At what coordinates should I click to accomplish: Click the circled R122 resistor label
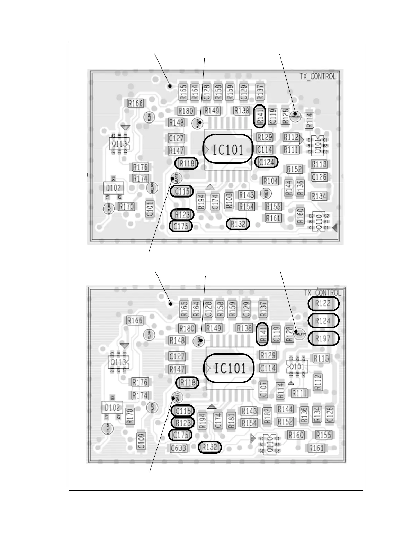point(323,304)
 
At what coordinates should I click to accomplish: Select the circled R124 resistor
point(323,321)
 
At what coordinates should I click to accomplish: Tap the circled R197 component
point(323,338)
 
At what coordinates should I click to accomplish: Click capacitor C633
point(179,448)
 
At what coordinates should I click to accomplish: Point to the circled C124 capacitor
point(266,162)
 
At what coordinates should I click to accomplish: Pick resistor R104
point(270,181)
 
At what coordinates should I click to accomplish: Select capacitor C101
point(150,209)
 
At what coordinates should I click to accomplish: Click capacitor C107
point(263,389)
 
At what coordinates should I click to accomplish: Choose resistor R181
point(231,420)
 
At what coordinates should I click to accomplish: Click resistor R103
point(229,201)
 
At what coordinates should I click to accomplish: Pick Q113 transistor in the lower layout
point(119,362)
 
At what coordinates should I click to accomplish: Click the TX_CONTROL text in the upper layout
point(317,76)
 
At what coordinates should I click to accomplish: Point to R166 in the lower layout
point(135,320)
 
